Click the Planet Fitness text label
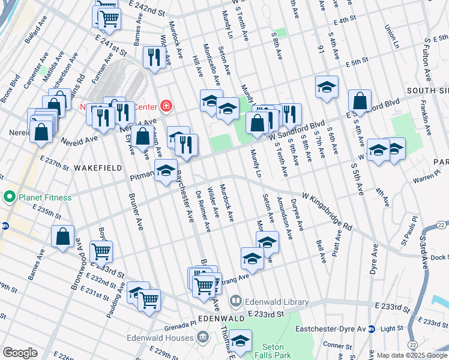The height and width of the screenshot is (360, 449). (x=45, y=197)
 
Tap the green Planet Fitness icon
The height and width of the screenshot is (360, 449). (x=9, y=197)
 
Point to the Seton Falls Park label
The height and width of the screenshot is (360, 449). (x=277, y=351)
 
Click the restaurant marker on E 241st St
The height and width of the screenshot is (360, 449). (x=154, y=58)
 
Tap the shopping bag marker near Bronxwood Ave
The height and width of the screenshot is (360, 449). (x=63, y=238)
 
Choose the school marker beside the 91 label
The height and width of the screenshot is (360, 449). (x=327, y=88)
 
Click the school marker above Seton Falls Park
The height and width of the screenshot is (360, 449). (x=240, y=341)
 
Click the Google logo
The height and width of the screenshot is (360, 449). (x=20, y=353)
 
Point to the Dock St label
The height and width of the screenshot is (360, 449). (x=439, y=257)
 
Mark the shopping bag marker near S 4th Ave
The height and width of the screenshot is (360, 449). (x=360, y=101)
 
